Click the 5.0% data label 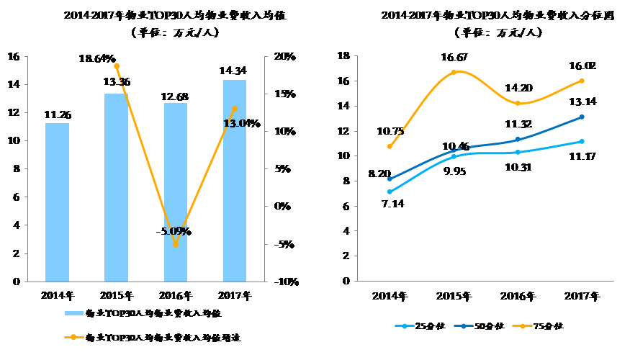point(175,231)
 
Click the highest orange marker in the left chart point(117,66)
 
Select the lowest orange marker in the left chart point(176,244)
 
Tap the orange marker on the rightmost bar point(235,109)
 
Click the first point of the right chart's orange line point(390,146)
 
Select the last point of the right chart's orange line point(582,81)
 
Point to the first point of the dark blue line point(390,179)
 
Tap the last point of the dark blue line point(582,117)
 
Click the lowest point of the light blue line point(390,192)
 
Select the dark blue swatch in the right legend point(464,326)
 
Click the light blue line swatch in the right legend point(405,326)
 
